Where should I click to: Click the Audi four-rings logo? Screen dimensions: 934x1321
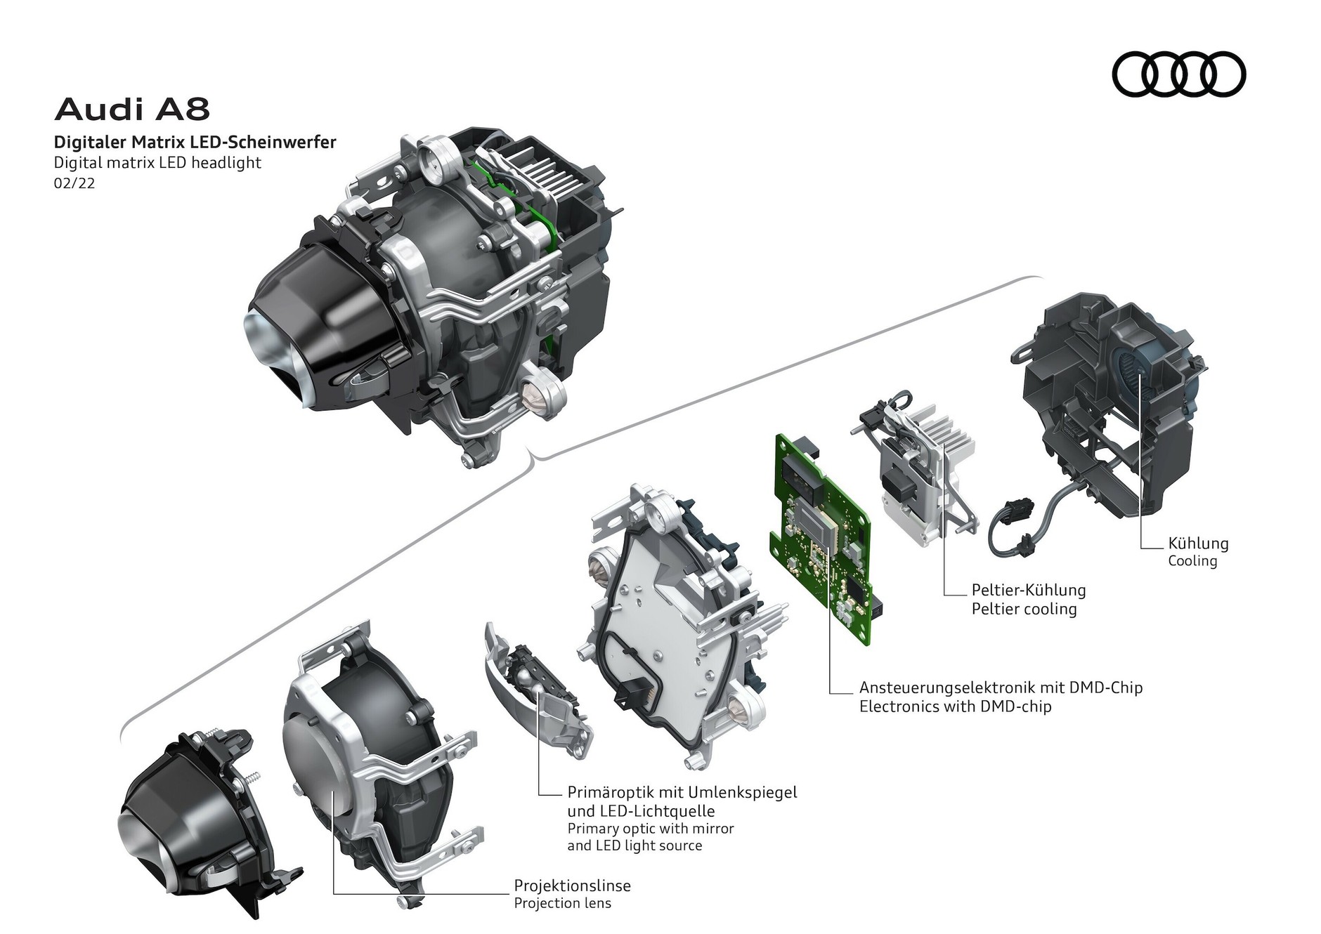click(1178, 74)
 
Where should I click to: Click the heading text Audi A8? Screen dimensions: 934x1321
click(132, 110)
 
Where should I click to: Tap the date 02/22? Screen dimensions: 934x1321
click(74, 184)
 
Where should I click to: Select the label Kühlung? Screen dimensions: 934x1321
click(1198, 543)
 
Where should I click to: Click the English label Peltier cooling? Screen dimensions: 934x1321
click(1024, 609)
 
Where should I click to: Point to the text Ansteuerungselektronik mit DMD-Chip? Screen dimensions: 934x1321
click(1001, 687)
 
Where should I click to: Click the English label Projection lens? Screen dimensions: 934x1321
click(562, 902)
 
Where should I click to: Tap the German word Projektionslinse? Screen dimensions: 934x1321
click(572, 885)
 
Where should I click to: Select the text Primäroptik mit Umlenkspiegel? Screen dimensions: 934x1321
click(682, 792)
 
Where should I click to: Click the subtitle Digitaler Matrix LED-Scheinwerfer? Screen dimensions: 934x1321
click(195, 143)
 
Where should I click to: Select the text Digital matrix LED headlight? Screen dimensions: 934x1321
click(157, 163)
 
